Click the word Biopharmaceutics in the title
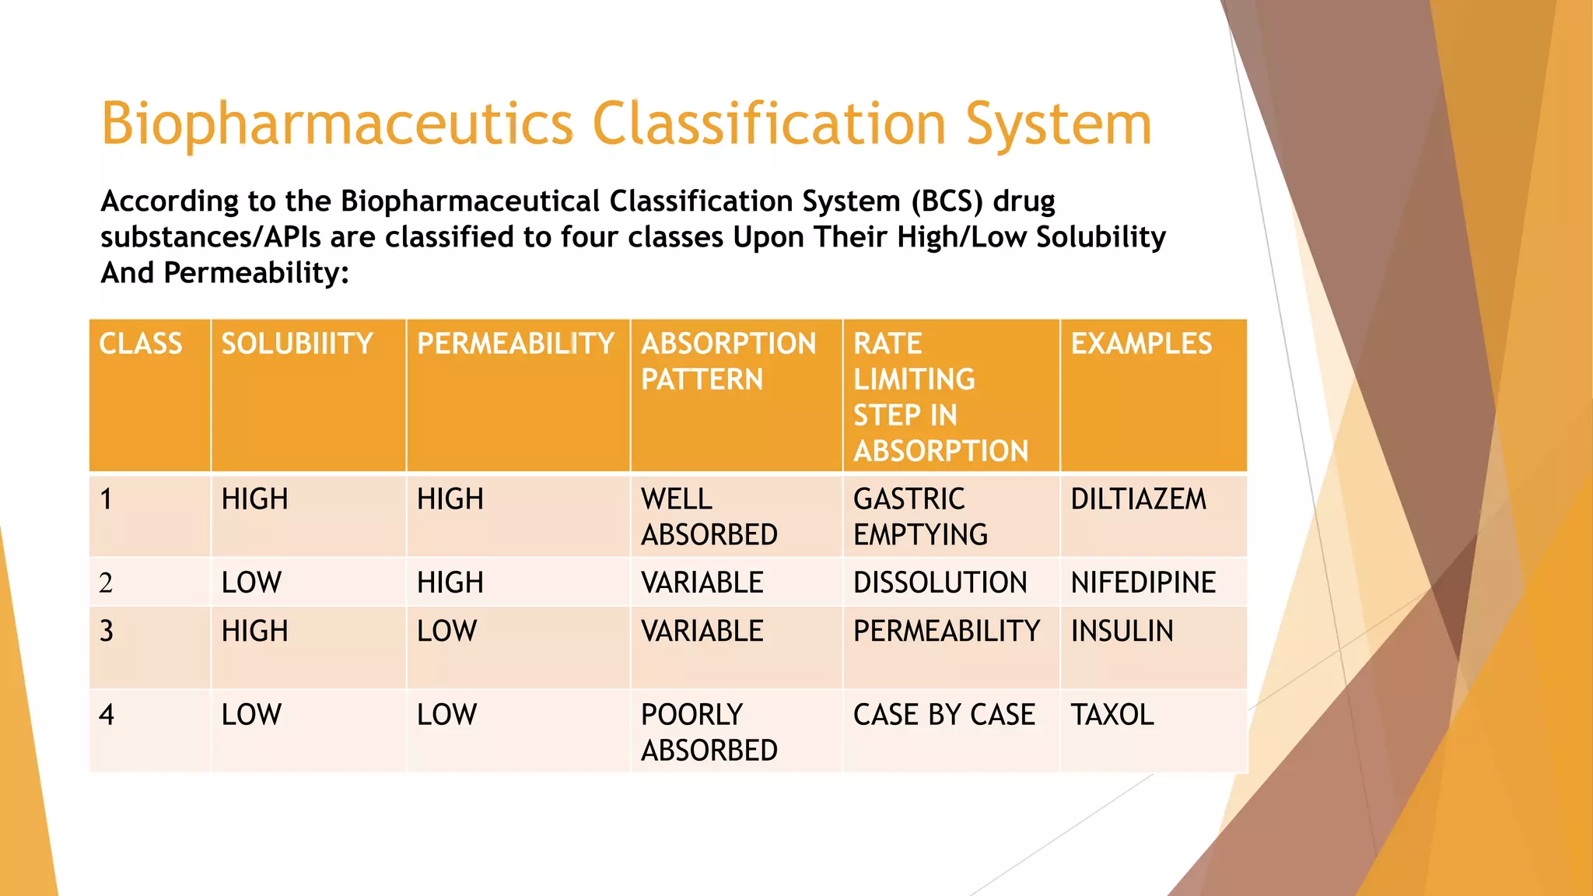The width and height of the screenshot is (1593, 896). coord(337,124)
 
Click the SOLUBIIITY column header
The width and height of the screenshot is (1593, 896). coord(297,344)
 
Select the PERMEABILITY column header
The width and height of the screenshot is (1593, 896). coord(516,344)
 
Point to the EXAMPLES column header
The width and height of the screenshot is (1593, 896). coord(1141,344)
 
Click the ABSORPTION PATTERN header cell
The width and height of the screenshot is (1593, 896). coord(728,362)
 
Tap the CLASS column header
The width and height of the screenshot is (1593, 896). coord(141,344)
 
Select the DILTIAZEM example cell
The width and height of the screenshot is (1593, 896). coord(1138,499)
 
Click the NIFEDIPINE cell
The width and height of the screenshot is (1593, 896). coord(1143,583)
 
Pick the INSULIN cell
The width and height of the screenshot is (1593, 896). coord(1122,631)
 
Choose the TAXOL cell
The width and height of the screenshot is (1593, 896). coord(1112,715)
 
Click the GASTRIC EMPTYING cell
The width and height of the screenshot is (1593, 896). coord(920,517)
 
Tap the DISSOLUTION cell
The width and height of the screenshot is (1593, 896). coord(940,583)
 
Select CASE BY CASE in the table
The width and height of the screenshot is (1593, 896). coord(944,715)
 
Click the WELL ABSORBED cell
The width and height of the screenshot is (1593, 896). coord(709,517)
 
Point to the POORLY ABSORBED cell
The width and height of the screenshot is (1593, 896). coord(709,733)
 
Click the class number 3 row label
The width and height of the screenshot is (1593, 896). coord(107,631)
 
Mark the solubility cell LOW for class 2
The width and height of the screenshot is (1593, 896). coord(251,583)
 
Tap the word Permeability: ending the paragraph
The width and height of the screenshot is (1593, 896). coord(256,273)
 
